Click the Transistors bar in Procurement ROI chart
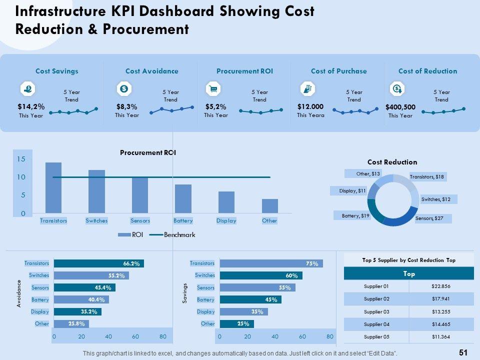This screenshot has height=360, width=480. coord(53,188)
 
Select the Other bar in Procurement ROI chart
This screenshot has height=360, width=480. coord(269,206)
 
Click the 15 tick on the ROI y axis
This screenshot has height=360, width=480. coord(20,159)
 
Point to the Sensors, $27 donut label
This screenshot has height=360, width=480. coord(429,218)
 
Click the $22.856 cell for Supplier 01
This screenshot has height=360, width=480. coord(441,286)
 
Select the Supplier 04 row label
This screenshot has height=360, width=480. coord(376,323)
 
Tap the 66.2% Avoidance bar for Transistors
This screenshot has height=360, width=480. coord(98,263)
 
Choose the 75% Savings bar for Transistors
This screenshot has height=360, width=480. coord(271,263)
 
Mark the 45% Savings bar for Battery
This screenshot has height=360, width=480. coord(250,299)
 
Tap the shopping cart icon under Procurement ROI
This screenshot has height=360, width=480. coord(213,89)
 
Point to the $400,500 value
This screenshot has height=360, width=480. coord(400,107)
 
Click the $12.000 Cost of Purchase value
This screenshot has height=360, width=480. coord(310,106)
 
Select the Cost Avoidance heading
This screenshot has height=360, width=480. coord(151,71)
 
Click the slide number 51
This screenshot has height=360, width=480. coord(462,352)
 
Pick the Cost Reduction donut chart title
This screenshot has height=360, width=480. coord(392,162)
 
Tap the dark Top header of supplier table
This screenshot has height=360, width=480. coord(409,273)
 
